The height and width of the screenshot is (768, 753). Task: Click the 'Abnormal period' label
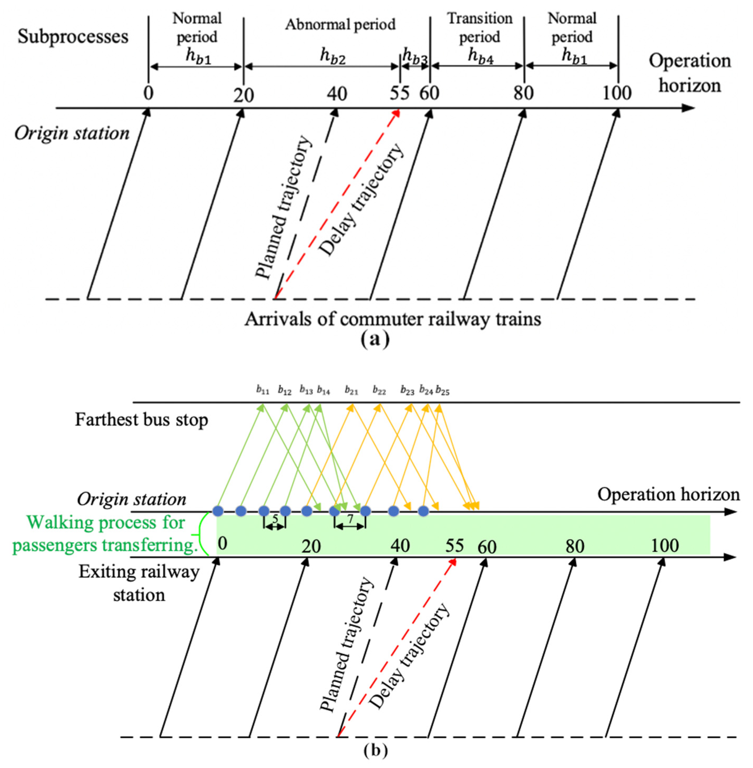coord(340,24)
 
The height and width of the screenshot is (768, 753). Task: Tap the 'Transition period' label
coord(479,28)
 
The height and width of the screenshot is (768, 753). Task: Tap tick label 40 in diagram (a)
coord(337,94)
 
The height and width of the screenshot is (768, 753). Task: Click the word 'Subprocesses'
coord(73,37)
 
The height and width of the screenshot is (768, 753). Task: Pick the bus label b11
coord(263,390)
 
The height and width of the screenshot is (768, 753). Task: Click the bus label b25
coord(443,391)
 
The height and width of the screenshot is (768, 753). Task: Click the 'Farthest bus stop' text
coord(141,419)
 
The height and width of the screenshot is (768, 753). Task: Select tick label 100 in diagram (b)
coord(665,545)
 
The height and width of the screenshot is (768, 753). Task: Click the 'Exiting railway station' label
coord(139,583)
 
